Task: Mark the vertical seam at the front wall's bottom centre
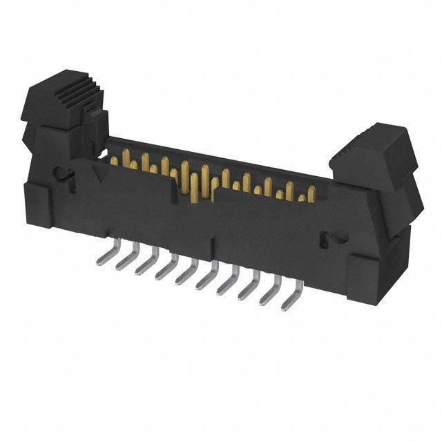[213, 247]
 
